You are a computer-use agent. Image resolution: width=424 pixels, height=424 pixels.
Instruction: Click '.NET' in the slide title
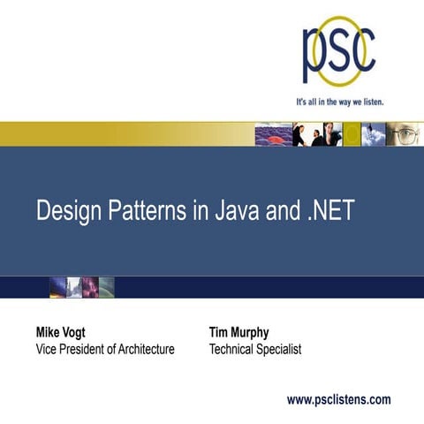[329, 211]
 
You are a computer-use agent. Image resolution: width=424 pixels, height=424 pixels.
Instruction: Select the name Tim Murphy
[238, 333]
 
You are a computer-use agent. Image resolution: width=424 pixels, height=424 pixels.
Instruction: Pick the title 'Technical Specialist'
[255, 350]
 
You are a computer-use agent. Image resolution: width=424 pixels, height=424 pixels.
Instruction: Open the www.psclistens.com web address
[338, 399]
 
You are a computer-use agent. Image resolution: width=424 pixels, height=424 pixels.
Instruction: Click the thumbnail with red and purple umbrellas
[272, 133]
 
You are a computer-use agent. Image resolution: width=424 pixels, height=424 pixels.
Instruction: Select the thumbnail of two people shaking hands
[306, 133]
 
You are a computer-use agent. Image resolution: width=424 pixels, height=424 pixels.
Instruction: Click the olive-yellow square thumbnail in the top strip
[352, 133]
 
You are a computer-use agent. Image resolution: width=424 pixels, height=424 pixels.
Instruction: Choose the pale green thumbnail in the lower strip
[106, 286]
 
